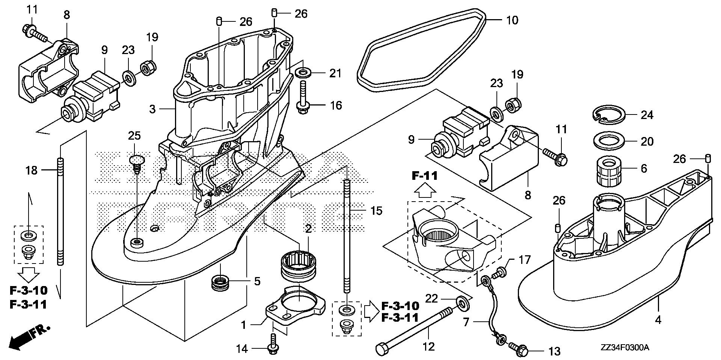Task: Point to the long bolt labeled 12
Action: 417,330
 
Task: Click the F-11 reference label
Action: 425,176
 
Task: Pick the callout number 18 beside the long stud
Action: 32,170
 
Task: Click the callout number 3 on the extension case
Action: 152,109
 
